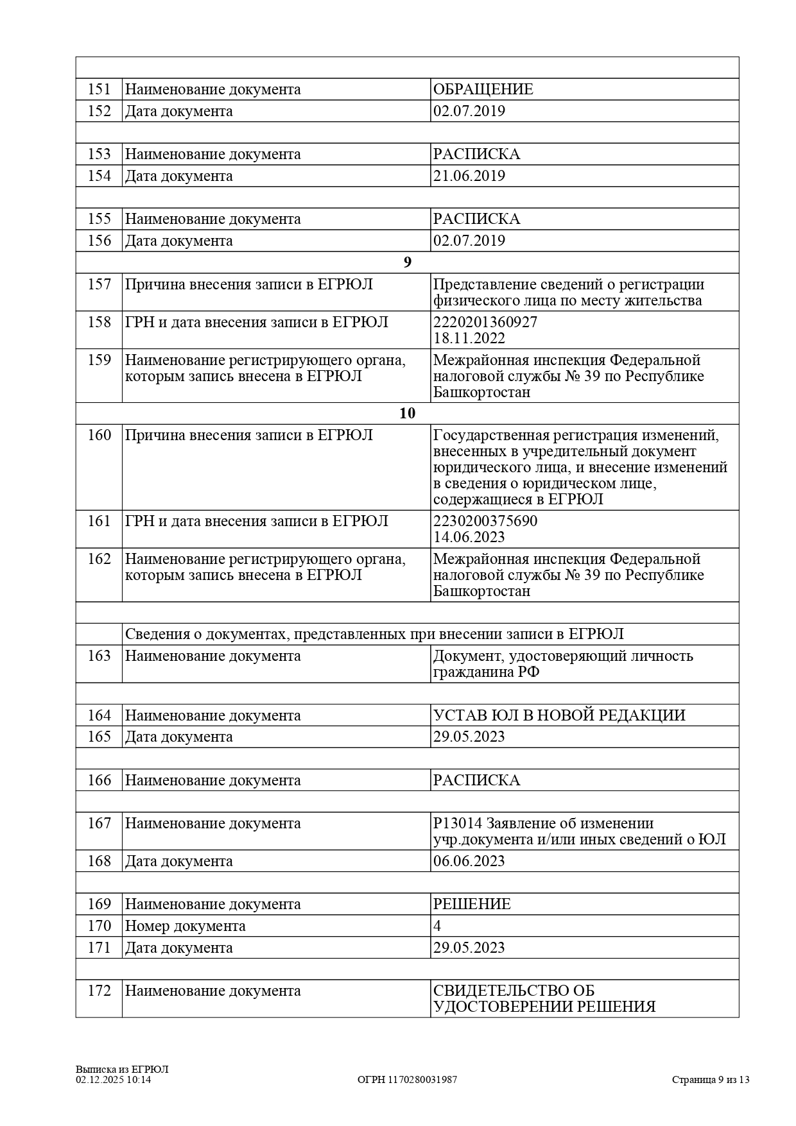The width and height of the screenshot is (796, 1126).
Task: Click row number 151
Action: tap(99, 89)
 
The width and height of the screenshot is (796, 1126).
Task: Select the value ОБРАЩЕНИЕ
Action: tap(483, 89)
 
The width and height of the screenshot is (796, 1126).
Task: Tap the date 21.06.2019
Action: tap(469, 176)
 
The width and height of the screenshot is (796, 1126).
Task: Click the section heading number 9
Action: tap(407, 262)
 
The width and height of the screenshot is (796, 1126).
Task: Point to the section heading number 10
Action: tap(407, 413)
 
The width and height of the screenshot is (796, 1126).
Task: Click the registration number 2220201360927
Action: tap(485, 322)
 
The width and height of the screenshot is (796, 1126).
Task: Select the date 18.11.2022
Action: tap(469, 338)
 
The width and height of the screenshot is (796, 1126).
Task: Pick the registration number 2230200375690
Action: tap(485, 521)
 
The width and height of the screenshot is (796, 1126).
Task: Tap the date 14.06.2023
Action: tap(469, 537)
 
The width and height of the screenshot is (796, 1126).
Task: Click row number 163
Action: tap(99, 656)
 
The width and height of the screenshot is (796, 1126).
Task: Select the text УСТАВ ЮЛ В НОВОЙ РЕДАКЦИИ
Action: tap(559, 715)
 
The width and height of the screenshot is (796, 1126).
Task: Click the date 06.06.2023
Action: tap(469, 861)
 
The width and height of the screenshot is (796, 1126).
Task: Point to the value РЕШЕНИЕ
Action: tap(472, 904)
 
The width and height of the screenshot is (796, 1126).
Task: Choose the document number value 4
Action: tap(437, 926)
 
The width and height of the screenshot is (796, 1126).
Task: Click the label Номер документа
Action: tap(185, 926)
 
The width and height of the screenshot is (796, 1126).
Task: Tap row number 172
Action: tap(99, 991)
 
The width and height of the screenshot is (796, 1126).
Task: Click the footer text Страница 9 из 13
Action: tap(711, 1079)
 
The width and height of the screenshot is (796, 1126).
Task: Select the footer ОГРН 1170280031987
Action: tap(407, 1079)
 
